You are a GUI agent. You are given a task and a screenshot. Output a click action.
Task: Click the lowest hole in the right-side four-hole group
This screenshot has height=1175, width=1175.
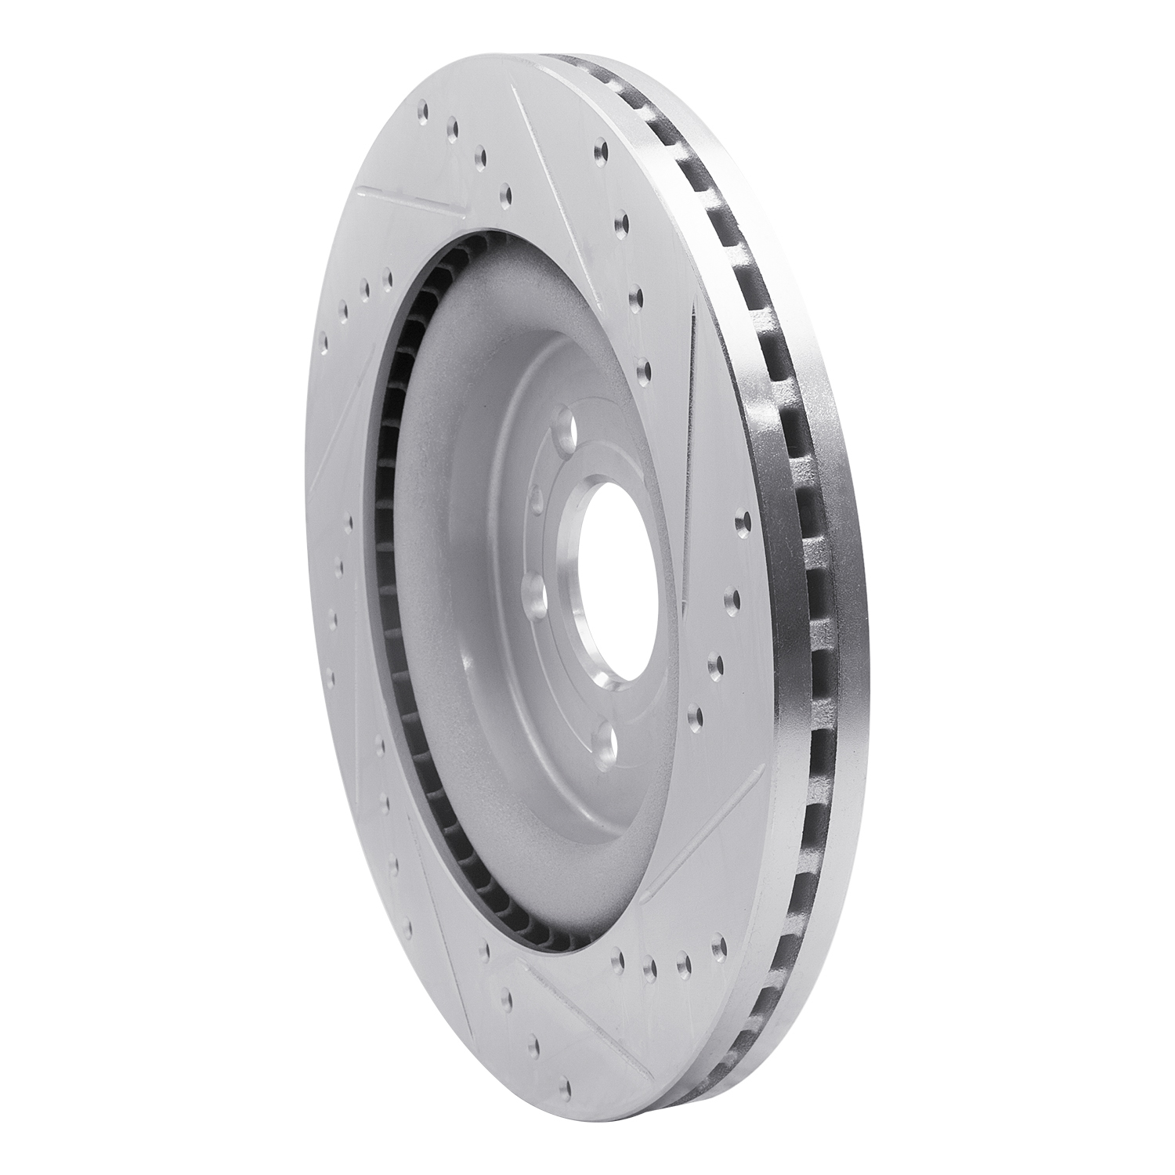coord(693,714)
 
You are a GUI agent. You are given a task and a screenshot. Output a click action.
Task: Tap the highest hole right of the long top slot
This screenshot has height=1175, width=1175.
coord(601,148)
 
